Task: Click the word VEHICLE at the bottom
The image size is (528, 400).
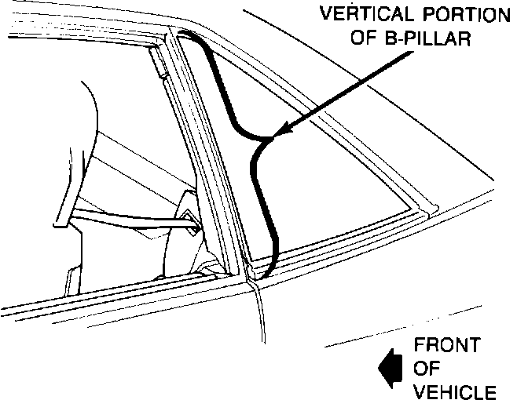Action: (x=454, y=391)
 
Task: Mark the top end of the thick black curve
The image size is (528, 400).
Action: (x=182, y=33)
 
